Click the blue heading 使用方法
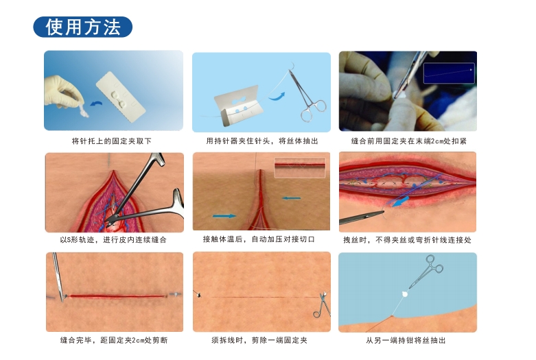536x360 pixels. (x=82, y=27)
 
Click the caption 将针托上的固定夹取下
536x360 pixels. (x=112, y=141)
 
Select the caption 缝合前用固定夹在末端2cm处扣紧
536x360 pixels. (x=408, y=141)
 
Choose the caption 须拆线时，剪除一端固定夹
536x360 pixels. (x=259, y=340)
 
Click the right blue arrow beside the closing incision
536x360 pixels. (x=291, y=199)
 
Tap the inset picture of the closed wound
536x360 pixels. (x=299, y=168)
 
